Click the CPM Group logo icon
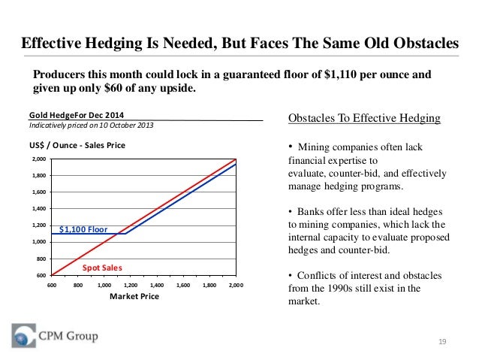[x=24, y=335]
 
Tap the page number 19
[x=442, y=342]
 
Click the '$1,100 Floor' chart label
[x=83, y=229]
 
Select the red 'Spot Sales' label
[x=102, y=268]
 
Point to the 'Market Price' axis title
[x=134, y=296]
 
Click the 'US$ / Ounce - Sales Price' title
[x=77, y=145]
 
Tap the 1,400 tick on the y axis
[x=39, y=209]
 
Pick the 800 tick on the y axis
[x=41, y=259]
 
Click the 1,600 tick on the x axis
[x=183, y=285]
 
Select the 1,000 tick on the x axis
[x=104, y=285]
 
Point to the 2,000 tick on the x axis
[x=236, y=285]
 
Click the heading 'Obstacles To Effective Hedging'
[x=364, y=118]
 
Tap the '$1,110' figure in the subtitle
[x=340, y=74]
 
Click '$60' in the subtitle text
[x=113, y=88]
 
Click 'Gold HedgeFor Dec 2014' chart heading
[x=77, y=115]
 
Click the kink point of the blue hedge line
[x=125, y=234]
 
